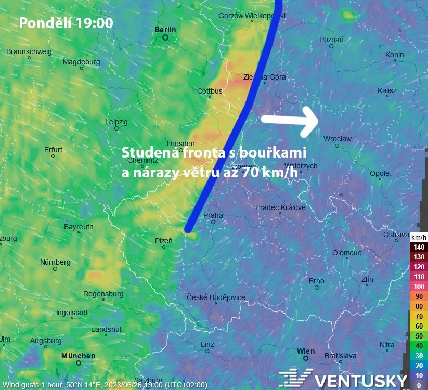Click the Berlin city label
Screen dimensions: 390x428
(165, 30)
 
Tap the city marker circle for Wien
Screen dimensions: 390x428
(306, 358)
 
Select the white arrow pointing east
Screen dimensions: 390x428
(289, 120)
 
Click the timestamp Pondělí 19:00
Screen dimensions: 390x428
(66, 23)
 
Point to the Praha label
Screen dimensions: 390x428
(213, 215)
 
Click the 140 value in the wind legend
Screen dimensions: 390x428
(419, 247)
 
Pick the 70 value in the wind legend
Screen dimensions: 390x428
(419, 316)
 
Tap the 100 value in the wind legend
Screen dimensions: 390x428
(419, 287)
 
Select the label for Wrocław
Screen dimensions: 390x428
(338, 139)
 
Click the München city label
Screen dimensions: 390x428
(78, 356)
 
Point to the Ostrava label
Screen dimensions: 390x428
(396, 235)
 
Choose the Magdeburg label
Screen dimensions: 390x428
(81, 62)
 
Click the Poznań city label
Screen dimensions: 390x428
(331, 40)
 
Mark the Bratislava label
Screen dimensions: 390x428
(340, 356)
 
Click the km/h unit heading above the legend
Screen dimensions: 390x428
(419, 237)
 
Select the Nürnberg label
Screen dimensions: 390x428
(55, 262)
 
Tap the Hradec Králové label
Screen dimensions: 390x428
(280, 207)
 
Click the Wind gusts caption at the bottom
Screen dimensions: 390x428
(104, 385)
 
